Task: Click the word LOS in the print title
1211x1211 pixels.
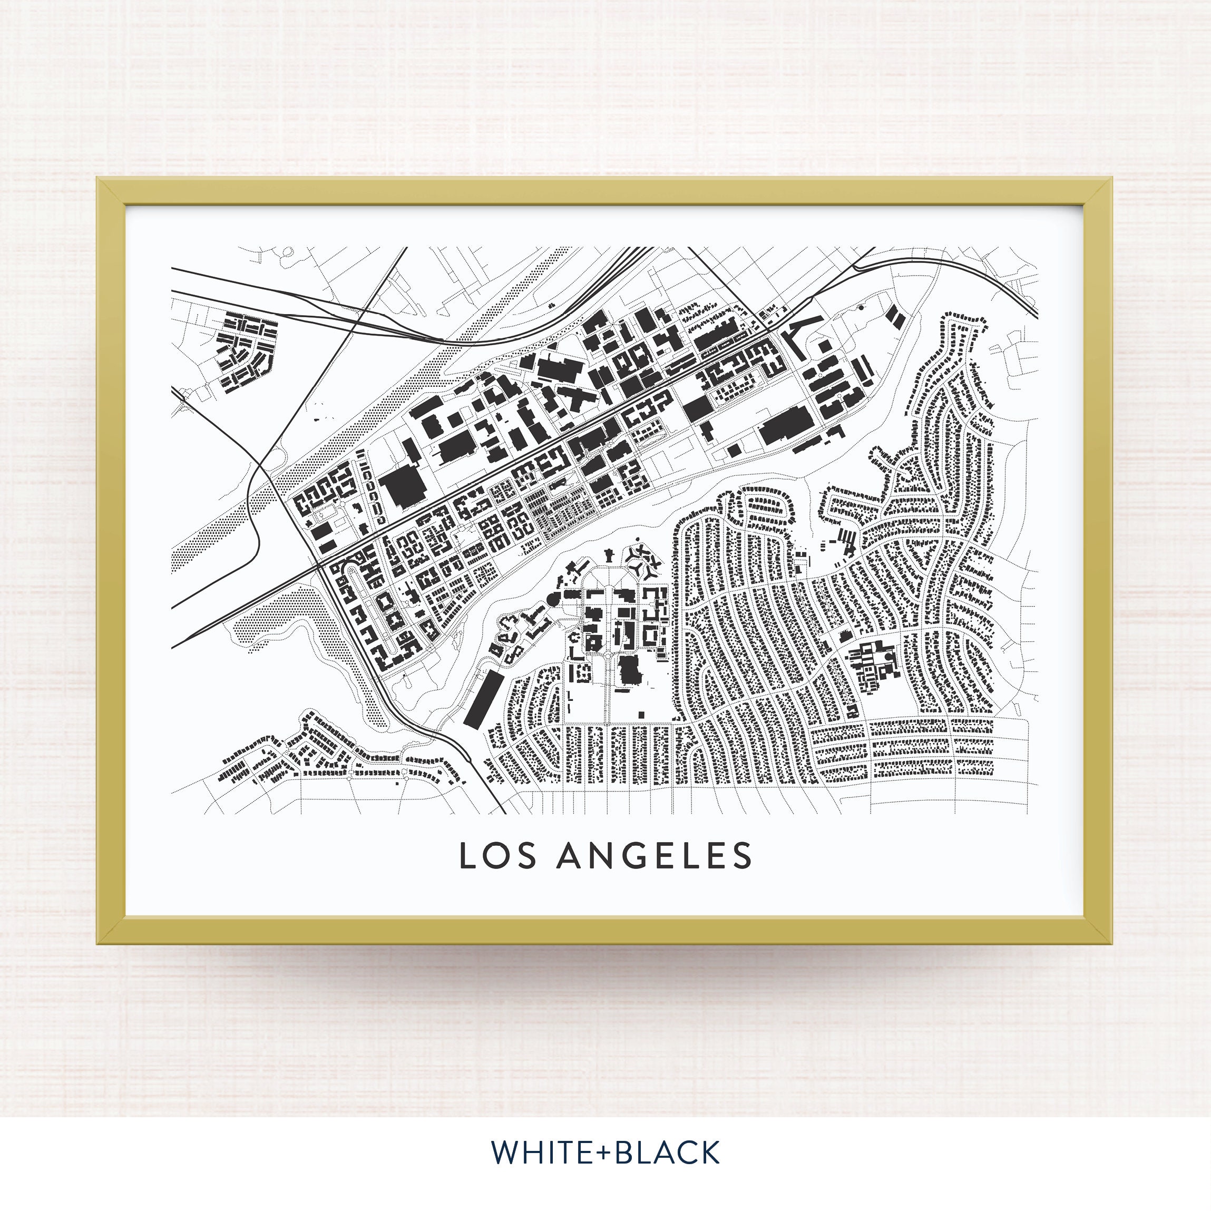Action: coord(499,856)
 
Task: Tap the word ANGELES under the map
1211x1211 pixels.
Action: coord(654,856)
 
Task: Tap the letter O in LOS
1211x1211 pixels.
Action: coord(499,856)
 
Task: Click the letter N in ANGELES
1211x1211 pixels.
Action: coord(603,856)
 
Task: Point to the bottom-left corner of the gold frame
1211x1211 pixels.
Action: coord(99,943)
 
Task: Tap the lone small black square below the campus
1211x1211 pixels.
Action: coord(641,714)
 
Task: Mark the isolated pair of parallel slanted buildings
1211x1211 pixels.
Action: coord(897,317)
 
